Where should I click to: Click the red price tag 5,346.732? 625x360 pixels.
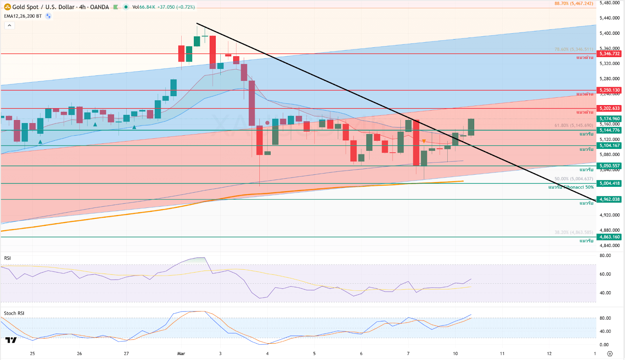pos(609,54)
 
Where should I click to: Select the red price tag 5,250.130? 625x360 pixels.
pos(609,90)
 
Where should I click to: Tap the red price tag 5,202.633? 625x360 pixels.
pos(609,108)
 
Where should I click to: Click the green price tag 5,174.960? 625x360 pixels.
pos(609,119)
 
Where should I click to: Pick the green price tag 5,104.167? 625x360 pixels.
pos(609,145)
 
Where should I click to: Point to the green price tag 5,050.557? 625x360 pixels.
pos(609,166)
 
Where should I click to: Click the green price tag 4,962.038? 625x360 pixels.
pos(609,199)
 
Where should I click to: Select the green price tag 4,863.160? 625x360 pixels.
pos(609,237)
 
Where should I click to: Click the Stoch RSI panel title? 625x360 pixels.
pos(14,313)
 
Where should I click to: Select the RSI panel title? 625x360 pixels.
pos(7,258)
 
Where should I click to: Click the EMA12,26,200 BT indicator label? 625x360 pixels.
pos(23,16)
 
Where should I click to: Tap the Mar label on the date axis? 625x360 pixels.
pos(181,353)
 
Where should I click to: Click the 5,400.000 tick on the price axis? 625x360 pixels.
pos(609,33)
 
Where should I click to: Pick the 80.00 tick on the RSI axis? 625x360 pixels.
pos(605,256)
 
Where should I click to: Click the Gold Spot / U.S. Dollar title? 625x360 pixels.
pos(61,7)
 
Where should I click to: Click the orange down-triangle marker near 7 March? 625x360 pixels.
pos(424,141)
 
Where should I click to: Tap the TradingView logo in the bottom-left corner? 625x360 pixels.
pos(11,340)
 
